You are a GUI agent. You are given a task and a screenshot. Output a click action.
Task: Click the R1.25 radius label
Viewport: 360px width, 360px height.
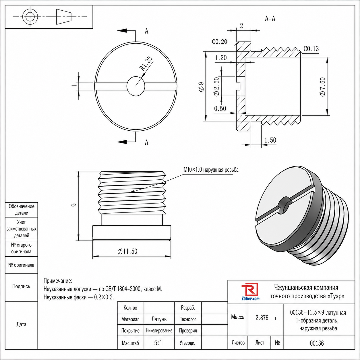pyautogui.click(x=146, y=63)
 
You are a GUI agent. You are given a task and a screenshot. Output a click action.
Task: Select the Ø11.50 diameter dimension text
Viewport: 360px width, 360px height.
pyautogui.click(x=127, y=251)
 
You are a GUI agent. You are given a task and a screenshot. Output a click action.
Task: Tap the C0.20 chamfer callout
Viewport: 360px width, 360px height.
pyautogui.click(x=220, y=41)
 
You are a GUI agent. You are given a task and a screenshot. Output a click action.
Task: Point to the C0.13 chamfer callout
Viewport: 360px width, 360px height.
pyautogui.click(x=311, y=49)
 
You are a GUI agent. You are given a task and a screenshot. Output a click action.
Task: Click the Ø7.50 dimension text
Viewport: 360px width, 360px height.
pyautogui.click(x=323, y=87)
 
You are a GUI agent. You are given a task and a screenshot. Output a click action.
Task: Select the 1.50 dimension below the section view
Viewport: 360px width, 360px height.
pyautogui.click(x=270, y=140)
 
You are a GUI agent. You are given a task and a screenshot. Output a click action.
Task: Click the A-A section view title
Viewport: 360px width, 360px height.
pyautogui.click(x=270, y=19)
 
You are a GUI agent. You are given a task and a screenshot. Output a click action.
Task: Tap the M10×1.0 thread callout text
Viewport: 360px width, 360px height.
pyautogui.click(x=211, y=170)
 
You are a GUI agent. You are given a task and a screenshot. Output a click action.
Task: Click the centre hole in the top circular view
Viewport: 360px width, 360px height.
pyautogui.click(x=136, y=86)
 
